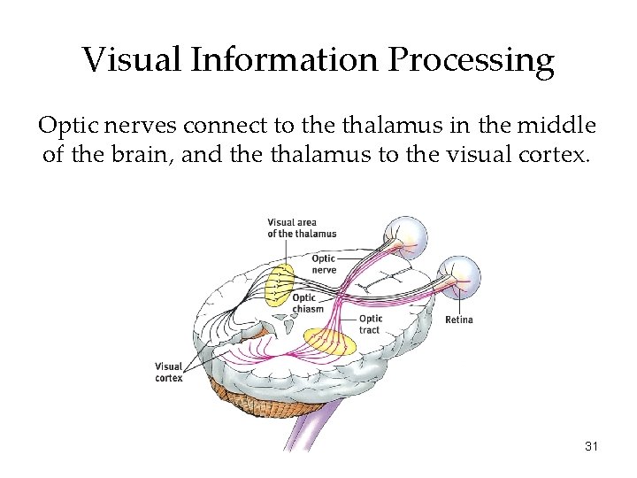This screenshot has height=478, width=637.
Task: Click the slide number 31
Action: [592, 446]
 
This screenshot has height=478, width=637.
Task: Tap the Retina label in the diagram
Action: [458, 320]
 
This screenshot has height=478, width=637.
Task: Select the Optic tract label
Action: [371, 324]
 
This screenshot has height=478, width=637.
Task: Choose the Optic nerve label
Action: [323, 264]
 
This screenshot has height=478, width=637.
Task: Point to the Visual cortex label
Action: [168, 372]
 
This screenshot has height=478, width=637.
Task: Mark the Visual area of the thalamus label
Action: [301, 227]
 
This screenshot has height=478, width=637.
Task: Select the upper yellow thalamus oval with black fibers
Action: [280, 282]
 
